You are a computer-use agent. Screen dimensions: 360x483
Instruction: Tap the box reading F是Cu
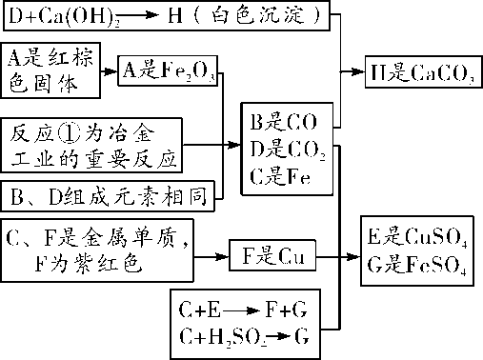click(272, 255)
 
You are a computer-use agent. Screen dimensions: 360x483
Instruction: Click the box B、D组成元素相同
click(110, 196)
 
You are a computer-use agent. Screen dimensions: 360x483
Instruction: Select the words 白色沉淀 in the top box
click(263, 16)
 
